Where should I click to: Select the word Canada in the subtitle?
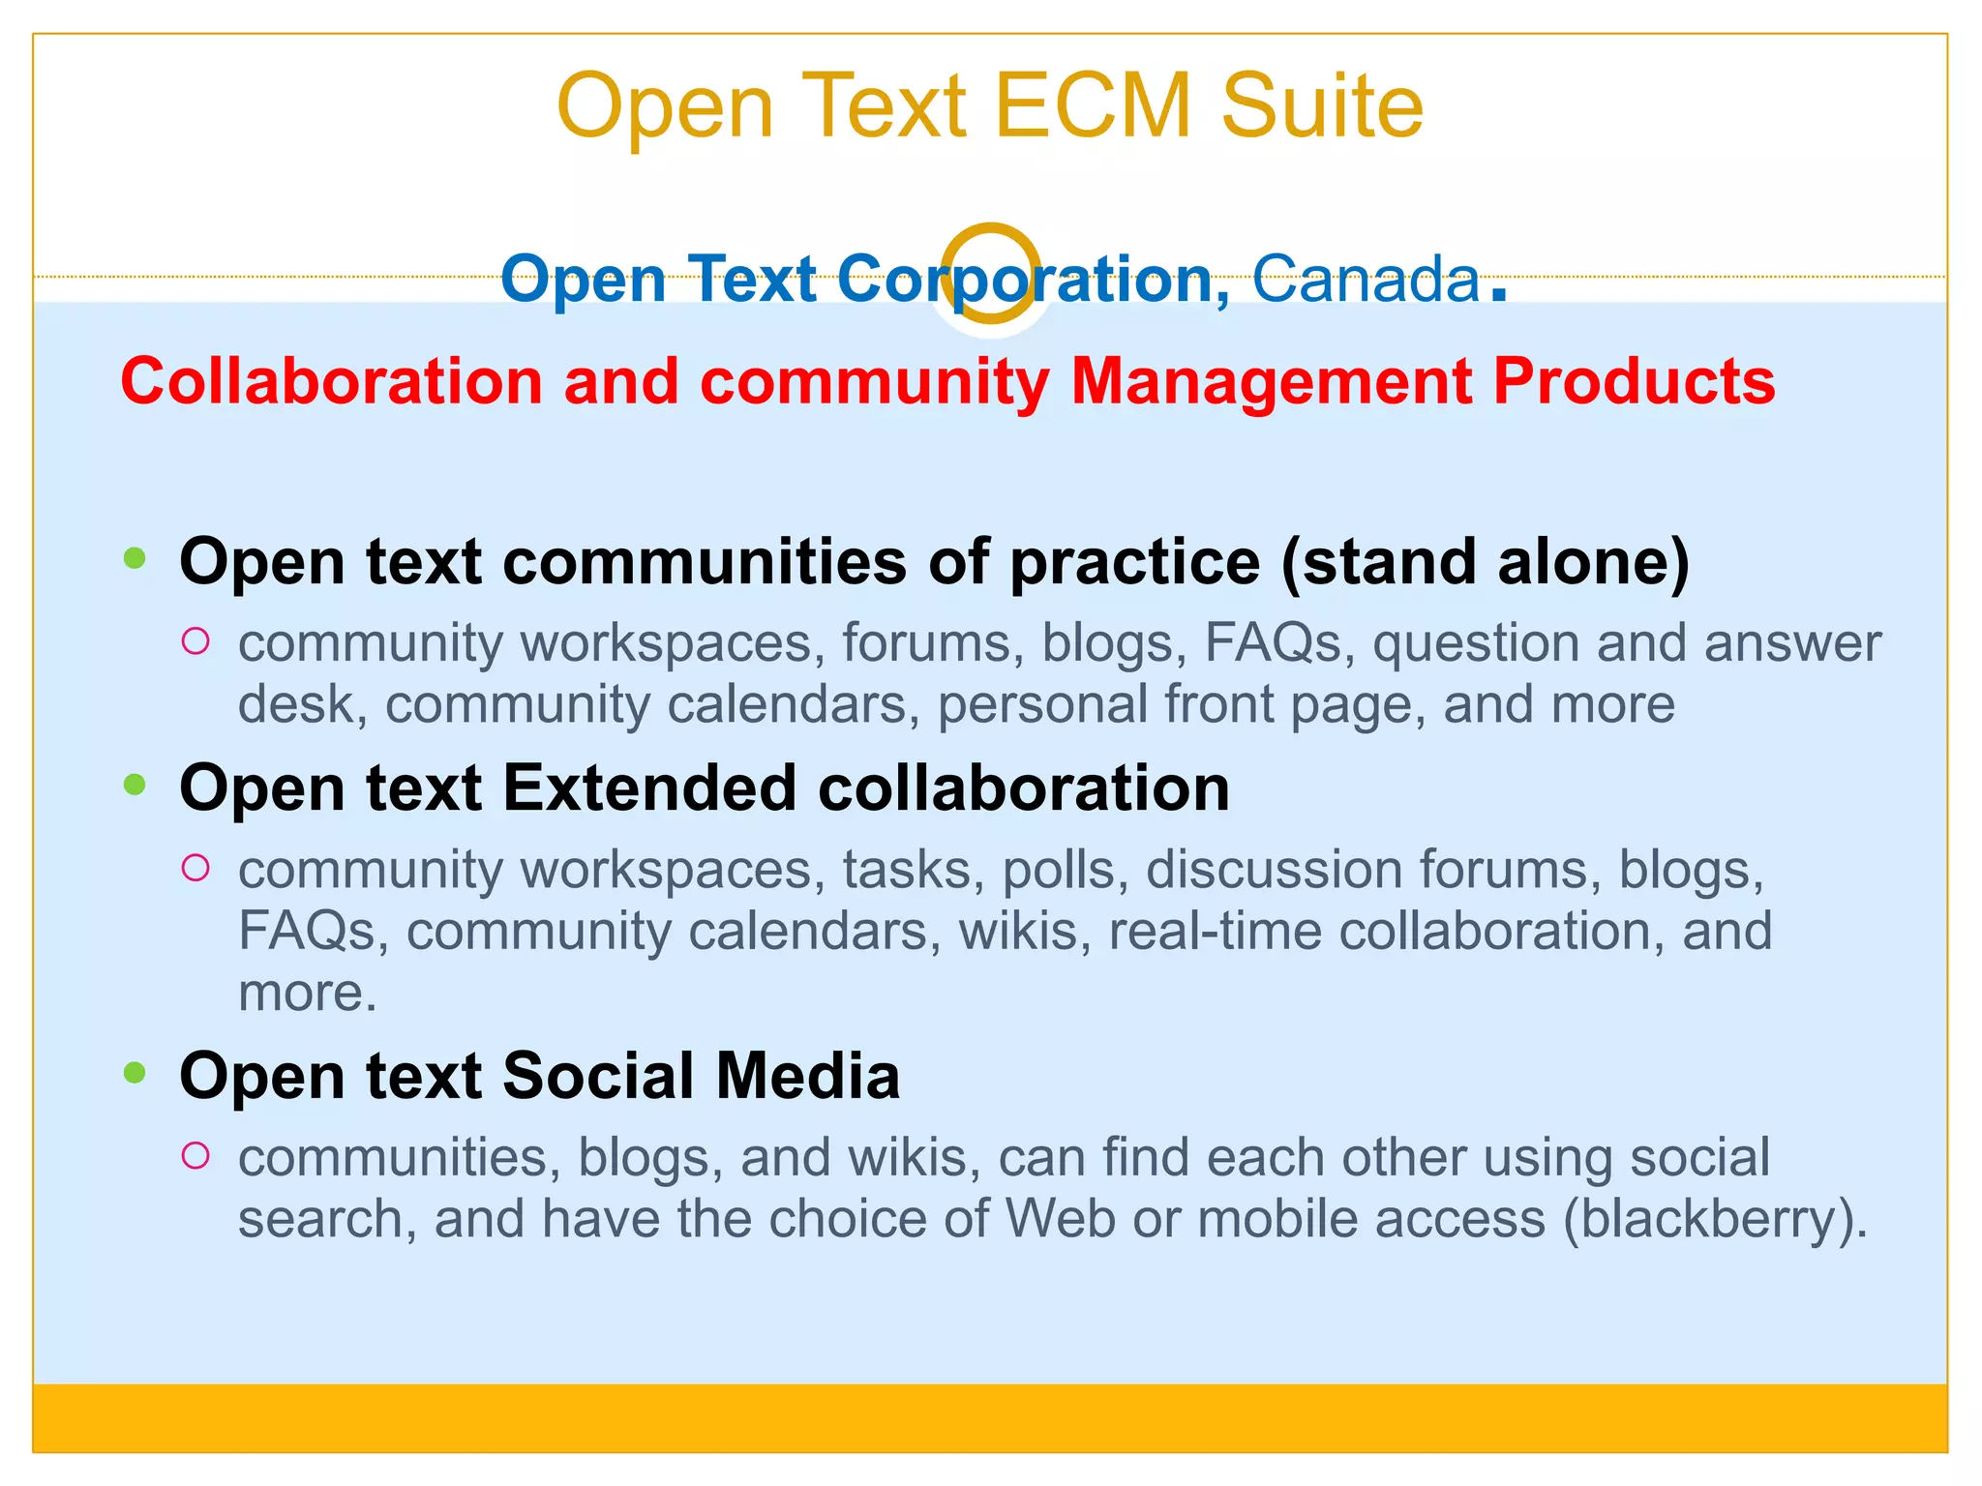pyautogui.click(x=1366, y=280)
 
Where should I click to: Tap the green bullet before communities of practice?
pyautogui.click(x=135, y=558)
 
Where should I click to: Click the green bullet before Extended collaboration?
pyautogui.click(x=135, y=785)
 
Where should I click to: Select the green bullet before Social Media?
pyautogui.click(x=135, y=1072)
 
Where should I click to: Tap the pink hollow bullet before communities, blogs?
pyautogui.click(x=195, y=1155)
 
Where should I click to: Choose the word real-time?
pyautogui.click(x=1215, y=931)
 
